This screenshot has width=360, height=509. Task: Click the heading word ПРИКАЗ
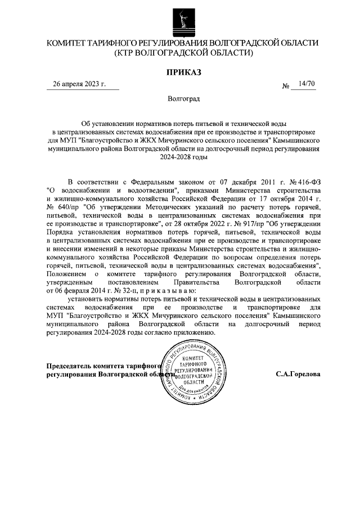tap(183, 72)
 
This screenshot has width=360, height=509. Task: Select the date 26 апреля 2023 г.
tap(79, 84)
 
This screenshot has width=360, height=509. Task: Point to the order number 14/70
tap(308, 84)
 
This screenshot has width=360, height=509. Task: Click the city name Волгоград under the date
tap(183, 99)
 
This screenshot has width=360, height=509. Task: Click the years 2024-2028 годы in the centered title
tap(183, 158)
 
